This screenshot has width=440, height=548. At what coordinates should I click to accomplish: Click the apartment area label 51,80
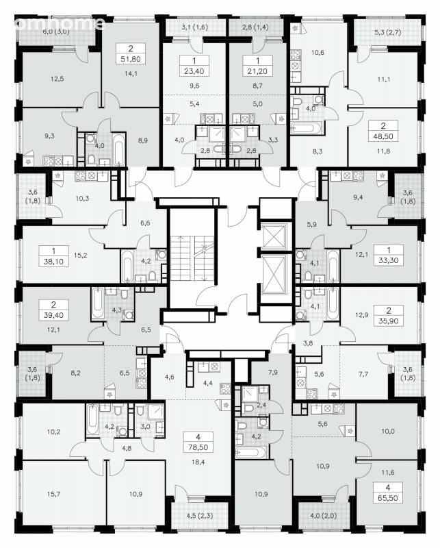click(131, 59)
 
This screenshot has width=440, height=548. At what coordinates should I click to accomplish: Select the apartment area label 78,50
click(198, 447)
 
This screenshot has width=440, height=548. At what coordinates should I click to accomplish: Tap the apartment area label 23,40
click(194, 71)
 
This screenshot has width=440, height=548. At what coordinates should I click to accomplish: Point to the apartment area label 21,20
click(258, 71)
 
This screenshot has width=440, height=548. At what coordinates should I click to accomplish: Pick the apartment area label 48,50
click(383, 136)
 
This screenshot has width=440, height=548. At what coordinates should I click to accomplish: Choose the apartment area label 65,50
click(387, 498)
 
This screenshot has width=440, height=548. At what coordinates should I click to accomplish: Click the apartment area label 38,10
click(53, 261)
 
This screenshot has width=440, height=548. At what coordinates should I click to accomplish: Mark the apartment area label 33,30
click(388, 260)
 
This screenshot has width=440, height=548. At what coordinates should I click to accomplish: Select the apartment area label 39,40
click(53, 315)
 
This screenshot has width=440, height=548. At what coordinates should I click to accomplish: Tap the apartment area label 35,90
click(388, 321)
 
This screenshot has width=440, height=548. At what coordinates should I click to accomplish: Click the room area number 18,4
click(198, 462)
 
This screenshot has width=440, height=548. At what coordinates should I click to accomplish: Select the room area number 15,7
click(54, 494)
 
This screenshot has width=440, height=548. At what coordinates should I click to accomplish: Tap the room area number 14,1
click(131, 73)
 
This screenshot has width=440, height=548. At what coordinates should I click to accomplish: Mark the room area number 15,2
click(80, 255)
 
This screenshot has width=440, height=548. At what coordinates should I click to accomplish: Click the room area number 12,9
click(362, 315)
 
